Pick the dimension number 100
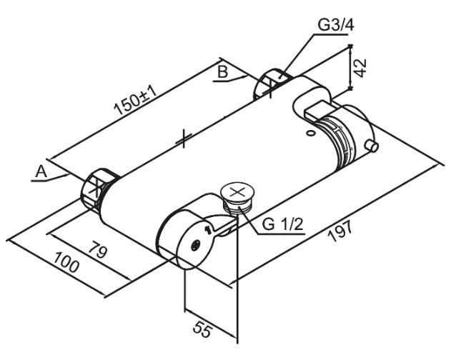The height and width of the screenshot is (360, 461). click(65, 266)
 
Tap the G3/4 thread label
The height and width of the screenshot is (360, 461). click(335, 25)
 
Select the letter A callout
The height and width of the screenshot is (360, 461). click(41, 171)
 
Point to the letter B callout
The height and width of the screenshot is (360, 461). click(222, 71)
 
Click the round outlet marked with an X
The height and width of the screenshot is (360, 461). click(238, 192)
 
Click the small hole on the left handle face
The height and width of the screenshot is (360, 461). click(197, 244)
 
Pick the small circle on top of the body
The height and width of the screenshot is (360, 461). click(309, 132)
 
